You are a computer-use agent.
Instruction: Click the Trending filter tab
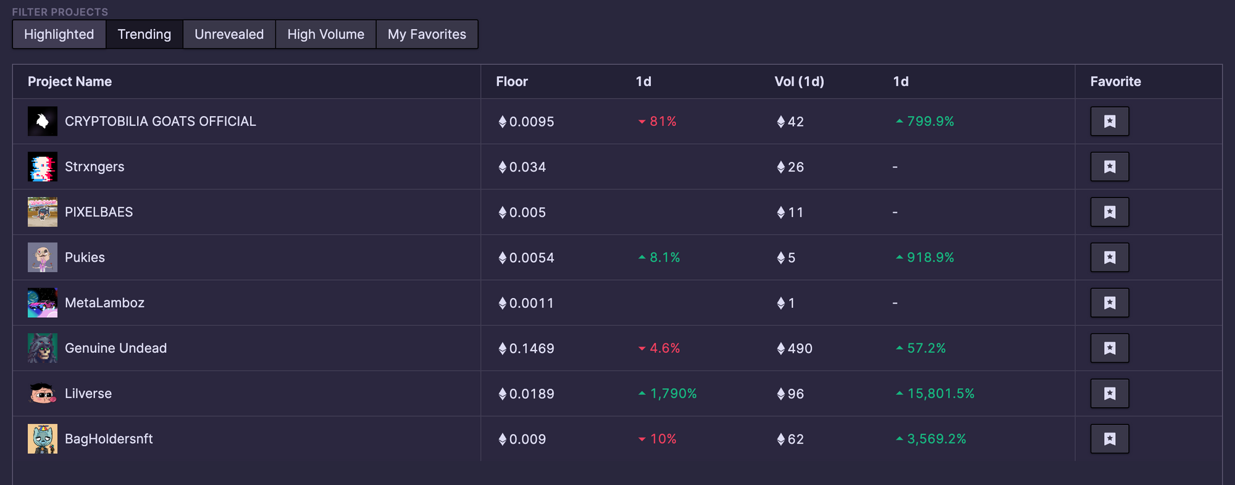click(x=144, y=35)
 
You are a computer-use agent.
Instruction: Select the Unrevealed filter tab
click(x=229, y=35)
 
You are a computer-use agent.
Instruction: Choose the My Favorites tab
click(x=427, y=35)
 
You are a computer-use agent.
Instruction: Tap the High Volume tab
click(x=325, y=35)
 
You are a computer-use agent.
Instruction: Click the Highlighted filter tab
click(x=59, y=35)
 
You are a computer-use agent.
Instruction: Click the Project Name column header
click(x=70, y=81)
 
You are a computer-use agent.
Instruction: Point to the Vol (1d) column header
click(x=799, y=81)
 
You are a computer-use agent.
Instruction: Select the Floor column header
click(x=512, y=81)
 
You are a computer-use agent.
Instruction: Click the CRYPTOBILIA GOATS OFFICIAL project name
click(x=160, y=122)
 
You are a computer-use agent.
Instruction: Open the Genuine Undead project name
click(x=115, y=348)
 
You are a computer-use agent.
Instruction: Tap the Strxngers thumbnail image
click(x=43, y=167)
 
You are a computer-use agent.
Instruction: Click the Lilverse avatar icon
click(x=43, y=394)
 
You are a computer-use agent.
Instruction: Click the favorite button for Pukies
click(x=1110, y=257)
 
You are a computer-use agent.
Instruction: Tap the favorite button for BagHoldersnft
click(x=1110, y=439)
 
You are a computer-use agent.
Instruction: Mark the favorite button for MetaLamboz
click(x=1110, y=303)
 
